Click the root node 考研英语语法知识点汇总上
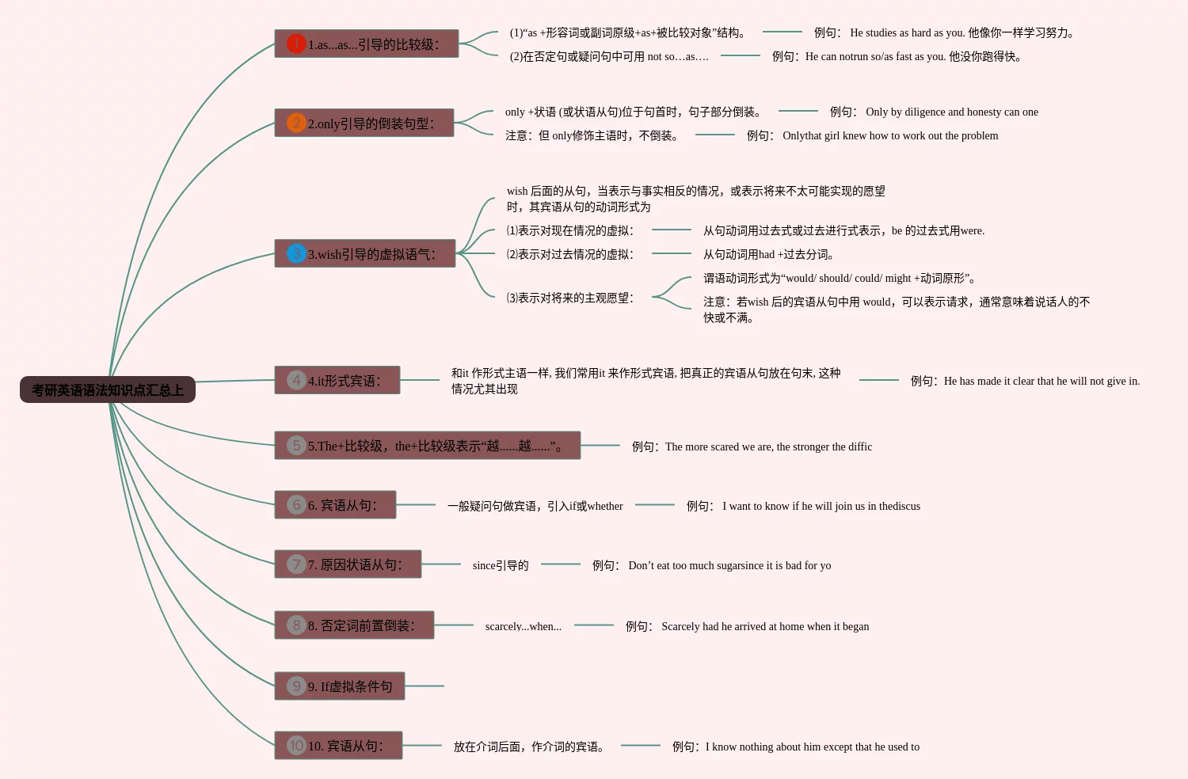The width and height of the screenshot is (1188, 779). pos(108,389)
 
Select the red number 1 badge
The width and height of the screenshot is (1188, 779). pos(296,44)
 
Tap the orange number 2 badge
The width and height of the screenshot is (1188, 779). pos(296,123)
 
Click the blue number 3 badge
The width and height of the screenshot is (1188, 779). pos(296,253)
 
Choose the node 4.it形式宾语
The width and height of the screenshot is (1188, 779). pos(337,380)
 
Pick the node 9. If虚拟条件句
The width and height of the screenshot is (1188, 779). pos(340,686)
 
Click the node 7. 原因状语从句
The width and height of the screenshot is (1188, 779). pos(348,564)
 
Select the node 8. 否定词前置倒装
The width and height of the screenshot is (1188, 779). pos(354,625)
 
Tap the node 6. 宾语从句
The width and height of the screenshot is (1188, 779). pos(335,504)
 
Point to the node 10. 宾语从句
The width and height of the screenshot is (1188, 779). pos(338,745)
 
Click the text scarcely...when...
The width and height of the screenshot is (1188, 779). pos(523,626)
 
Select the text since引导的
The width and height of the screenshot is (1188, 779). pos(500,565)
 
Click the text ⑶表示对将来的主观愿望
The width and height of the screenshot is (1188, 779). pos(570,298)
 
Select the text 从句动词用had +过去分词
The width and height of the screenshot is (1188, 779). pos(768,254)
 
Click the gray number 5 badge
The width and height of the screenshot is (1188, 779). pos(296,445)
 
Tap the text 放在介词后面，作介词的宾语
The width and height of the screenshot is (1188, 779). pos(529,747)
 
